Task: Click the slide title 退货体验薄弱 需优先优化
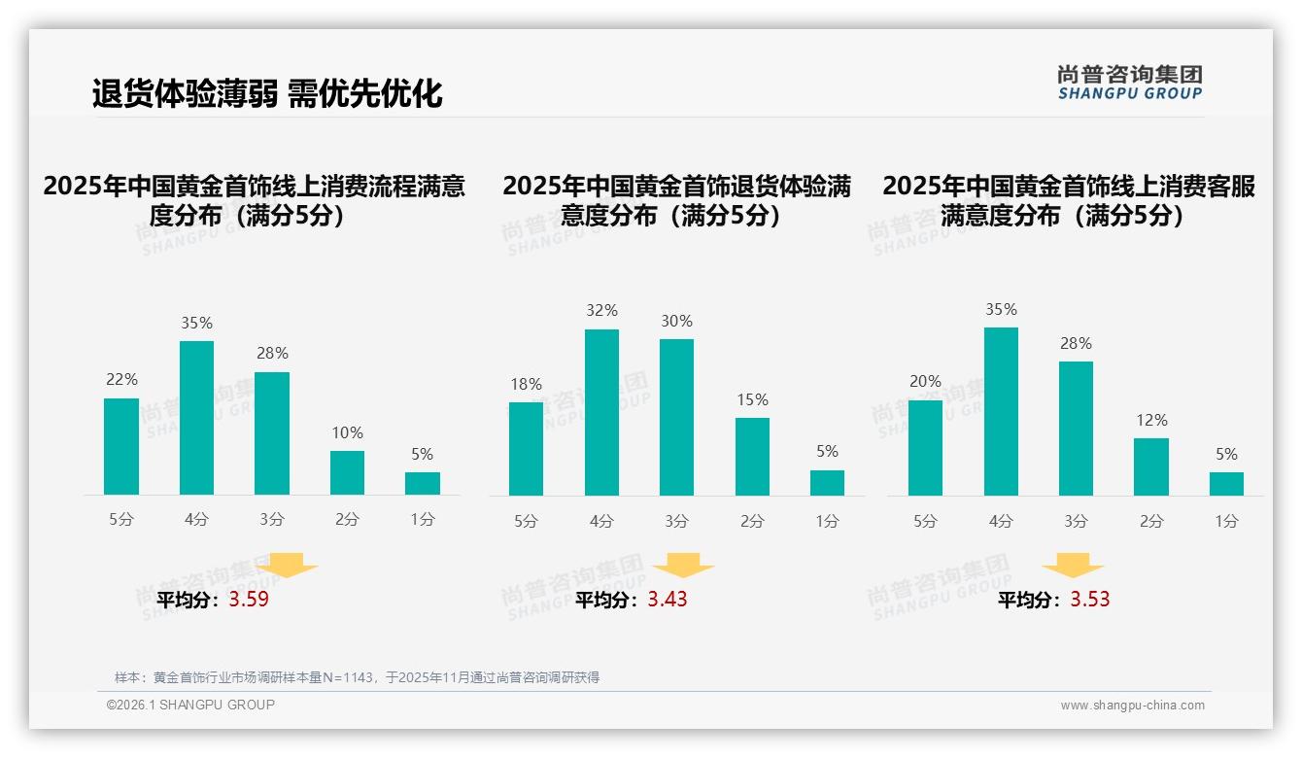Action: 267,93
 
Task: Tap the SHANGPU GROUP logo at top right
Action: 1129,83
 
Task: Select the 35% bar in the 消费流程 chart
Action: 197,418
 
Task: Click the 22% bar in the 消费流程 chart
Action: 121,446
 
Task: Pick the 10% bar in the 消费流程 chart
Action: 347,472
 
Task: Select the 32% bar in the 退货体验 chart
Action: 601,412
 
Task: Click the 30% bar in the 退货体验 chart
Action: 676,417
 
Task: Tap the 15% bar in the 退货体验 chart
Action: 752,457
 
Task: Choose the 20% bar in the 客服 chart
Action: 925,447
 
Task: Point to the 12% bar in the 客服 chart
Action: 1151,466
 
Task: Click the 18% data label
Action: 526,385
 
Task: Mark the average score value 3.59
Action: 249,600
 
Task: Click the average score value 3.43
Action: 668,600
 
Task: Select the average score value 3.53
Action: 1090,600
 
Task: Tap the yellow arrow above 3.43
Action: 683,567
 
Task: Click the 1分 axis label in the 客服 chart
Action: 1226,522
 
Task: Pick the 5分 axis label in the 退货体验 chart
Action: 526,522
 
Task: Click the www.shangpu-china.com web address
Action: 1132,706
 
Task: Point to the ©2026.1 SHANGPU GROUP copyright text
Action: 190,705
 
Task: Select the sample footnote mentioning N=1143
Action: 357,677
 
